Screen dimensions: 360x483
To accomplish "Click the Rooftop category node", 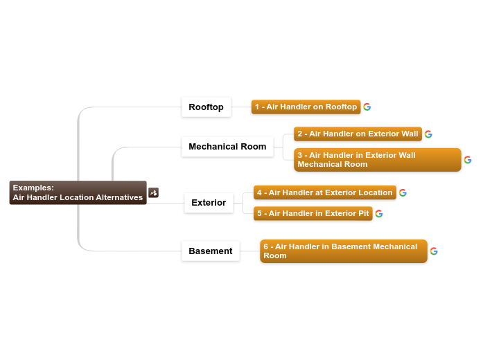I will coord(206,107).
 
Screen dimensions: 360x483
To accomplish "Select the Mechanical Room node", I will coord(227,147).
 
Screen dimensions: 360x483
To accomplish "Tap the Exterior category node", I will coord(209,203).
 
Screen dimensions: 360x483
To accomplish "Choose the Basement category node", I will coord(211,251).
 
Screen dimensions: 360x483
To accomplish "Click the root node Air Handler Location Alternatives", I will coord(78,193).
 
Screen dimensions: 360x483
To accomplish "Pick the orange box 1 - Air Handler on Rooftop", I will coord(306,107).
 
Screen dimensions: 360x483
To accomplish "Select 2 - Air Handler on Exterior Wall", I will coord(358,134).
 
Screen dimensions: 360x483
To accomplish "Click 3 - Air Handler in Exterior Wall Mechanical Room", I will coord(377,160).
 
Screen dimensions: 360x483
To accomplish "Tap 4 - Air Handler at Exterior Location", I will coord(324,192).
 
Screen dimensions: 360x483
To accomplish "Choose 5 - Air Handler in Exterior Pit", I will coord(313,213).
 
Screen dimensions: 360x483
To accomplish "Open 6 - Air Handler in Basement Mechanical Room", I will coord(344,251).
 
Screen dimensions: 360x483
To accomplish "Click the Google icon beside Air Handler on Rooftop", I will coord(367,107).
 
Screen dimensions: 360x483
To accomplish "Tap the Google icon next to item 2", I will coord(429,134).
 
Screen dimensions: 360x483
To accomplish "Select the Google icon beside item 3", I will coord(468,160).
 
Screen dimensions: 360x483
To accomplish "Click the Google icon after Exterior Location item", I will coord(403,193).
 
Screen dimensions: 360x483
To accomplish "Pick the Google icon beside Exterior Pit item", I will coord(379,214).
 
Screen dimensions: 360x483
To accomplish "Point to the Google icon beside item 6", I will coord(434,251).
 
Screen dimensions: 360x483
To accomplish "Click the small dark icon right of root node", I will coord(154,193).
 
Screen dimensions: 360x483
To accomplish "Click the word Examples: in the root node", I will coord(33,188).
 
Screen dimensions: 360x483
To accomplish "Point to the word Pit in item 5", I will coord(363,213).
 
